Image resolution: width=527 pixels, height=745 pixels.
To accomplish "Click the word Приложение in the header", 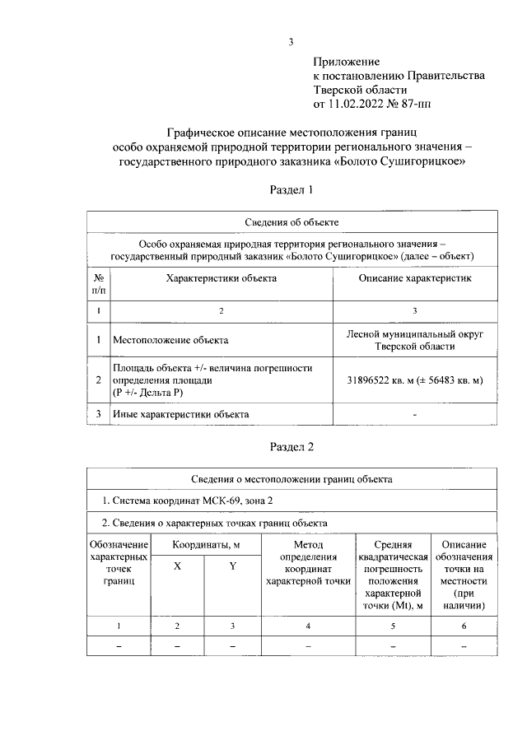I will pyautogui.click(x=346, y=62).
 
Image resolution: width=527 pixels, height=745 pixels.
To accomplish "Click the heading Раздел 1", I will pyautogui.click(x=291, y=190).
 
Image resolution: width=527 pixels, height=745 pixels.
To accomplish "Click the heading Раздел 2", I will pyautogui.click(x=291, y=447).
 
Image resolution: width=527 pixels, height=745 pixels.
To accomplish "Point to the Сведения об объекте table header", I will pyautogui.click(x=291, y=222).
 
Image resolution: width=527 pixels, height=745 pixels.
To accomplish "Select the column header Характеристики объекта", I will pyautogui.click(x=221, y=278).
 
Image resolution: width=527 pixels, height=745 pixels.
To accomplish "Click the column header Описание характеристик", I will pyautogui.click(x=414, y=278).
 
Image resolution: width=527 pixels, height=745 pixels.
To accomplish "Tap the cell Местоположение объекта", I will pyautogui.click(x=170, y=339).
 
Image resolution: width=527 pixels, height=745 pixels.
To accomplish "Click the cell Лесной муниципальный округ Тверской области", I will pyautogui.click(x=414, y=339).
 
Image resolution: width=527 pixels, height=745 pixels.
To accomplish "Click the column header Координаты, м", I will pyautogui.click(x=206, y=544).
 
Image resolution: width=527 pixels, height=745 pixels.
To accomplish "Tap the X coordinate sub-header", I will pyautogui.click(x=177, y=566).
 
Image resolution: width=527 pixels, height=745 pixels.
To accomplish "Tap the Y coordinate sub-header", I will pyautogui.click(x=233, y=566).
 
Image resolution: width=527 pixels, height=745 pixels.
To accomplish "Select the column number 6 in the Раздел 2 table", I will pyautogui.click(x=464, y=626).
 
